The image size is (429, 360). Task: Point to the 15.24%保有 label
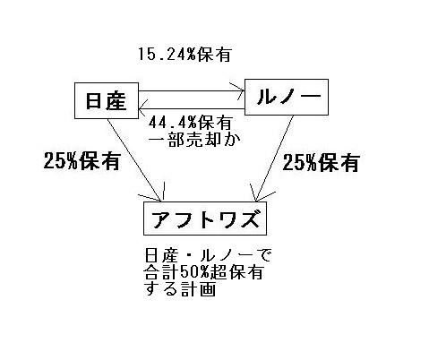point(184,55)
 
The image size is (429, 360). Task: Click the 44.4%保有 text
point(191,123)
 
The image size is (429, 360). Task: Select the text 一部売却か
point(194,140)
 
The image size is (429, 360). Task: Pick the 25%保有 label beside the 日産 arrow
point(82,161)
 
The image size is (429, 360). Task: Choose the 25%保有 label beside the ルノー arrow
point(321,163)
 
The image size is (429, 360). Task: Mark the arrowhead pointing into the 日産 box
point(140,108)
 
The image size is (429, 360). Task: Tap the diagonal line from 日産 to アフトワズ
point(134,160)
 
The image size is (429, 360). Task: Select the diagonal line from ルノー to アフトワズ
point(274,159)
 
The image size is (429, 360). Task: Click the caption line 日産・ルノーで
point(208,255)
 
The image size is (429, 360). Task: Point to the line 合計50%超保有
point(204,272)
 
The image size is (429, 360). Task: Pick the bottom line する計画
point(180,289)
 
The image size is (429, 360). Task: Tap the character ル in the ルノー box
point(266,97)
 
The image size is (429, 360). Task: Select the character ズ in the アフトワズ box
point(247,219)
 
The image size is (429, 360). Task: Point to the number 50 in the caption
point(188,272)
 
